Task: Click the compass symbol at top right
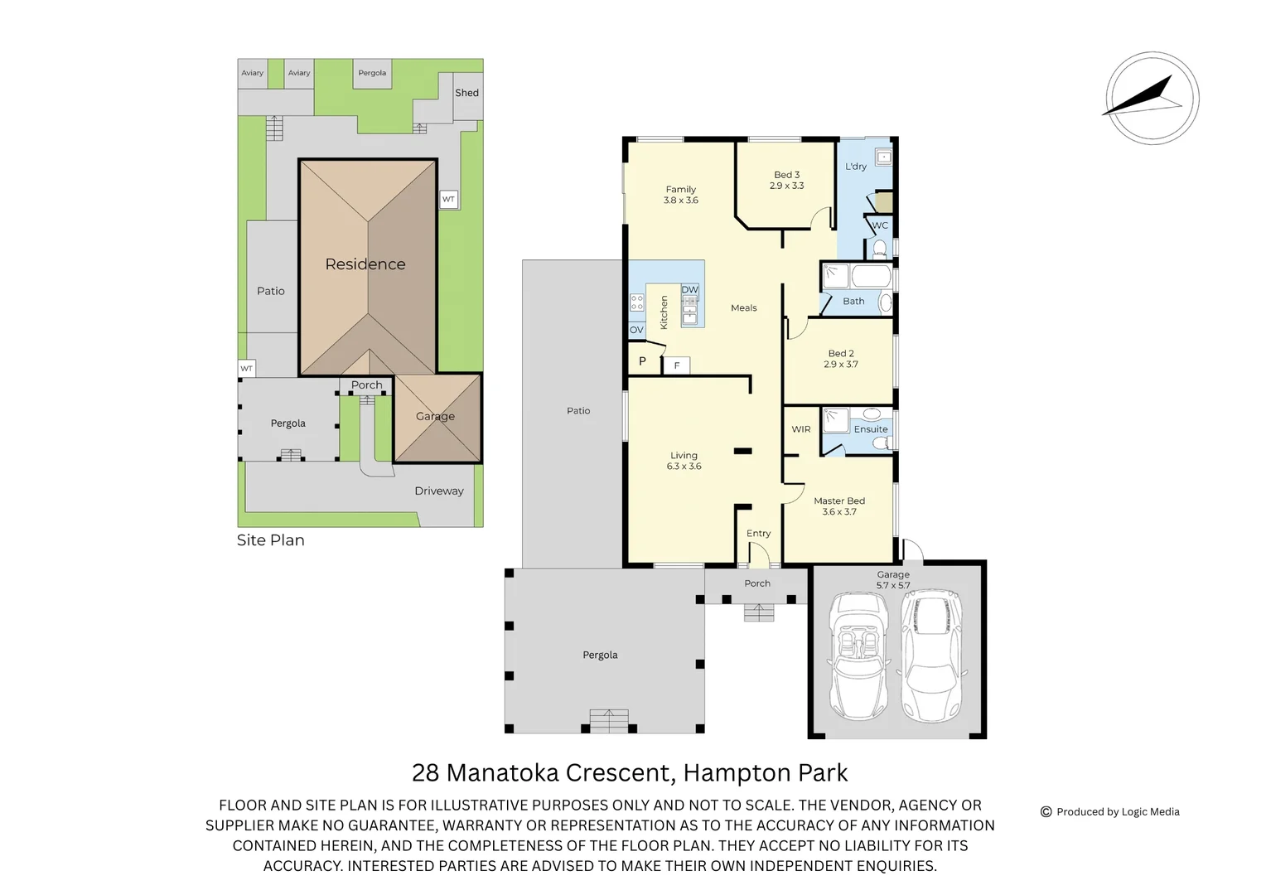point(1152,98)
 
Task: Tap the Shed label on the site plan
point(466,93)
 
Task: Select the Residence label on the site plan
point(365,264)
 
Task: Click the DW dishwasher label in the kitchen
point(690,290)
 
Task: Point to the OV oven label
point(636,330)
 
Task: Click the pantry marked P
point(642,361)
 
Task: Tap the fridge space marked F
point(677,365)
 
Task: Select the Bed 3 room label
point(786,175)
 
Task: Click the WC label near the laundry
point(880,225)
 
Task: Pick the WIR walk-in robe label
point(801,429)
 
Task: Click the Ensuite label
point(871,429)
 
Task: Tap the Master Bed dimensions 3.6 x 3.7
point(839,512)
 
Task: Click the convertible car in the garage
point(858,656)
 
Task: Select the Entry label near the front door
point(758,534)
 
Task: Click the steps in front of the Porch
point(758,612)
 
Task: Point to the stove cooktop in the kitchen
point(636,302)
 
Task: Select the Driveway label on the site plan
point(439,491)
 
